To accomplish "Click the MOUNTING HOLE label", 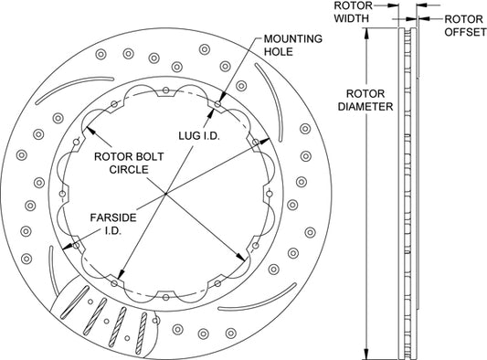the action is click(293, 45).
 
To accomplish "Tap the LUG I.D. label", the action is click(199, 136).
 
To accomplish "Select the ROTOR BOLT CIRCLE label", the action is click(129, 163).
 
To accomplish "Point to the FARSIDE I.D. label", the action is click(113, 224).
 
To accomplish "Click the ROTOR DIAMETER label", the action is click(365, 100).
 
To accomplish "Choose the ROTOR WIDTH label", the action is click(353, 12).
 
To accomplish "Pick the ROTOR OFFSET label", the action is click(465, 26).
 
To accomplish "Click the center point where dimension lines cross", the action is click(166, 194).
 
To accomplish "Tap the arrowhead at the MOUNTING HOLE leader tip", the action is click(221, 99).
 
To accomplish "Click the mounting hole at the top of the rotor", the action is click(166, 90).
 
